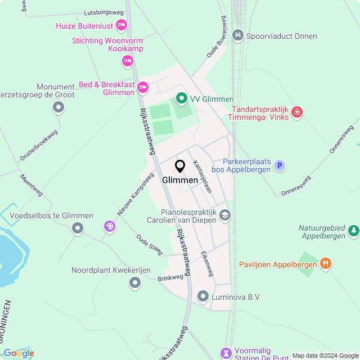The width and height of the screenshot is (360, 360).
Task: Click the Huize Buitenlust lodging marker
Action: [x=121, y=25]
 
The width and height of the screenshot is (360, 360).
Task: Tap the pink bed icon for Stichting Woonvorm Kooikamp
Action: [x=128, y=61]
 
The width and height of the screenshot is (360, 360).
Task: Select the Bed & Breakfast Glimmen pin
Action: [x=143, y=87]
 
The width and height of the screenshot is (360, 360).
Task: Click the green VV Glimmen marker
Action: [x=181, y=99]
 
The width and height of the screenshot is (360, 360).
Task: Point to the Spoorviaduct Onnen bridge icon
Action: [x=238, y=36]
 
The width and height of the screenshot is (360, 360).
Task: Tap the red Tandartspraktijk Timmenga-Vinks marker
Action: [x=298, y=112]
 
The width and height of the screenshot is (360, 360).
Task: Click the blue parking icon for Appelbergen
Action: [x=280, y=165]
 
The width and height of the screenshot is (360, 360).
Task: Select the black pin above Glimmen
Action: [x=180, y=166]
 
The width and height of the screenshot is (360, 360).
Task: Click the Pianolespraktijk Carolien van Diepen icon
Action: [x=225, y=214]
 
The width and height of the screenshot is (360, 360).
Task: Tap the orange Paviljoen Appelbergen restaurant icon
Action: [x=325, y=263]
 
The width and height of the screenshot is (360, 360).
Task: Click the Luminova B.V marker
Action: [x=203, y=296]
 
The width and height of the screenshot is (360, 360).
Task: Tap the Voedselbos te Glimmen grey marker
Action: [x=78, y=228]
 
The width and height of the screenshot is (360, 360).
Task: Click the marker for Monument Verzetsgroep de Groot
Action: [x=57, y=108]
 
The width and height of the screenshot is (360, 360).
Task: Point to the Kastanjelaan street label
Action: [x=202, y=177]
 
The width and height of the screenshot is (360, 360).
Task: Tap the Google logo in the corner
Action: [x=19, y=353]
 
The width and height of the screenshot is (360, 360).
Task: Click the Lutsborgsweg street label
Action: [x=103, y=12]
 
